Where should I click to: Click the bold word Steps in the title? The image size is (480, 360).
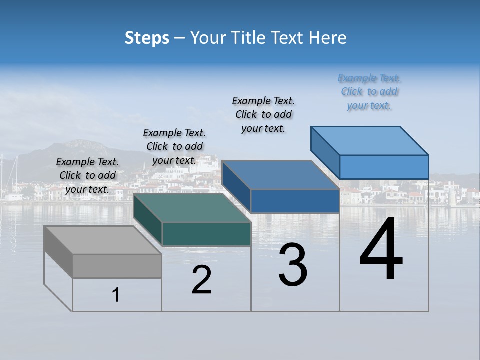click(147, 38)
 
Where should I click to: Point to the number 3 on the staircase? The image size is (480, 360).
click(293, 265)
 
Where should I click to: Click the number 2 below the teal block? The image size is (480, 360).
click(202, 280)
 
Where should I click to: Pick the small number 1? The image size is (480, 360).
click(116, 295)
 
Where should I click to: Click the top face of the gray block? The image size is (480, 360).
click(102, 240)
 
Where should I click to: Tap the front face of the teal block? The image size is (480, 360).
click(206, 234)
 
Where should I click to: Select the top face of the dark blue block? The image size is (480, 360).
click(280, 175)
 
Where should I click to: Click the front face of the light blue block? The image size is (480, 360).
click(384, 167)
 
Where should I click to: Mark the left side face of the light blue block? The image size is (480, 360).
click(325, 150)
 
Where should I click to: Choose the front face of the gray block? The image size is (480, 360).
click(117, 266)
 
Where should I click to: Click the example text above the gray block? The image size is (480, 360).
click(87, 176)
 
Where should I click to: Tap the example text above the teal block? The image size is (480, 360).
click(174, 146)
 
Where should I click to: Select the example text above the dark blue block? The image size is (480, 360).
click(263, 114)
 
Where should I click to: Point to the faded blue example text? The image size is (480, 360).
click(369, 92)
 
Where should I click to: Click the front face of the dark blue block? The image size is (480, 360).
click(295, 201)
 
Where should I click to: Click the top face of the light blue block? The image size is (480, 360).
click(369, 140)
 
